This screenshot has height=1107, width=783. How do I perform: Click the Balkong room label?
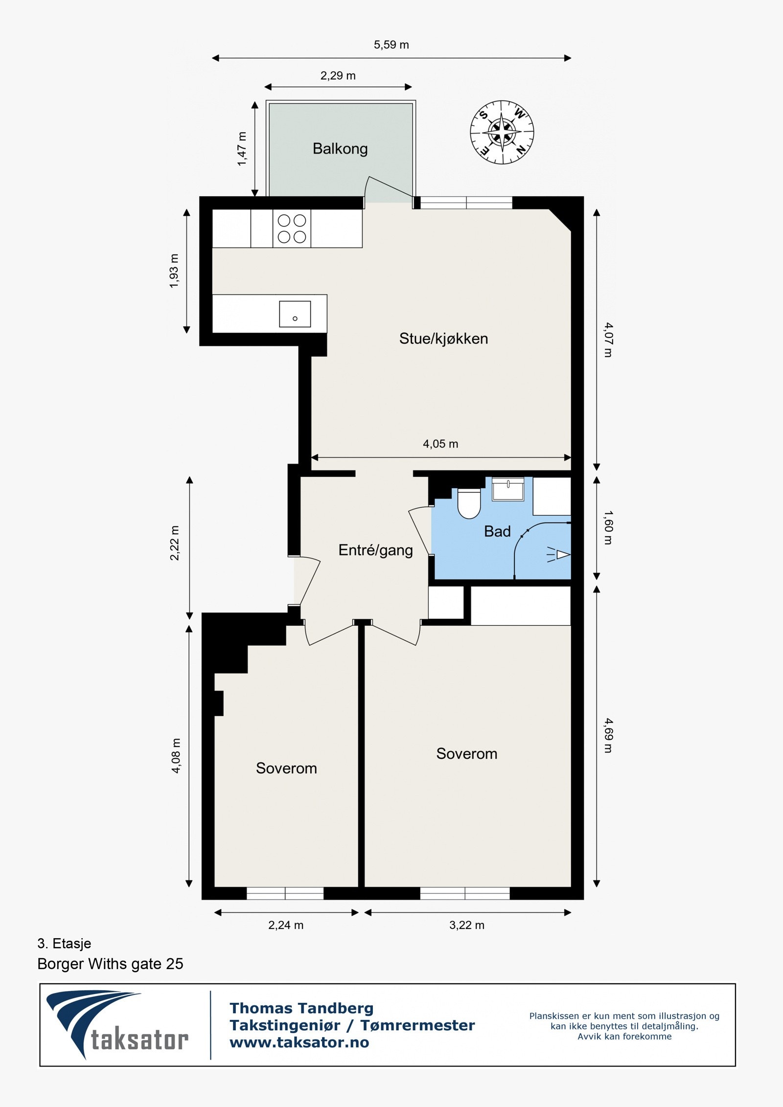click(340, 149)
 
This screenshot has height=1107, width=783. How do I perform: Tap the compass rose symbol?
click(502, 132)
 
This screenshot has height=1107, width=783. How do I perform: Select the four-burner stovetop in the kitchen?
click(292, 228)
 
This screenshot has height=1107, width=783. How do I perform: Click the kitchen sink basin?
click(295, 314)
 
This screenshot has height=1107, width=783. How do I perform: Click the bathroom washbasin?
click(508, 489)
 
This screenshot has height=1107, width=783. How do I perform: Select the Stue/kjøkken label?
click(443, 339)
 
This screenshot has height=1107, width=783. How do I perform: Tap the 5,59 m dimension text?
click(391, 45)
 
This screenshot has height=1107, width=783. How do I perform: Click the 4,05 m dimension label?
click(440, 444)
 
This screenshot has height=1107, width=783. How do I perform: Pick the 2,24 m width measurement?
click(286, 925)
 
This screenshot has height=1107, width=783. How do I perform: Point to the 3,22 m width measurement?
click(467, 925)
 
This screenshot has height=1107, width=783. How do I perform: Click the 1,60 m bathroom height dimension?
click(608, 527)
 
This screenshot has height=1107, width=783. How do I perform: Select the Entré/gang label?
click(375, 550)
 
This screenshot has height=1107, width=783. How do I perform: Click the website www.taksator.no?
click(299, 1042)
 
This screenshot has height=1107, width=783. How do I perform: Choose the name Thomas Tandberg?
click(301, 1008)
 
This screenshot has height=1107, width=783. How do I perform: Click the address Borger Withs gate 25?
click(110, 964)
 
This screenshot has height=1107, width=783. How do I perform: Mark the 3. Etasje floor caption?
click(64, 943)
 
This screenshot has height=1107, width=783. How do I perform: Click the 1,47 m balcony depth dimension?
click(242, 149)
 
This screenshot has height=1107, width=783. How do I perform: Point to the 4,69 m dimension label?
click(608, 735)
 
